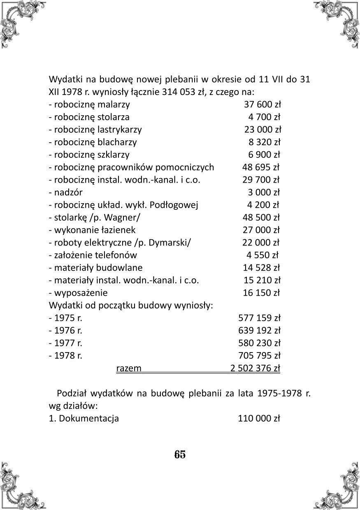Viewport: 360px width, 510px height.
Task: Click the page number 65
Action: pyautogui.click(x=180, y=454)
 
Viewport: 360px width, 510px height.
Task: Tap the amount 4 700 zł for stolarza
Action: pyautogui.click(x=265, y=117)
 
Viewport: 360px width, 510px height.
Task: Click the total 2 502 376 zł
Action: pyautogui.click(x=255, y=368)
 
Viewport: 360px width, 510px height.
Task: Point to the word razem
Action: pyautogui.click(x=129, y=368)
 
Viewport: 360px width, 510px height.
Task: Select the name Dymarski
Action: pyautogui.click(x=172, y=242)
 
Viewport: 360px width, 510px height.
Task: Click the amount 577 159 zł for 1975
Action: pyautogui.click(x=259, y=318)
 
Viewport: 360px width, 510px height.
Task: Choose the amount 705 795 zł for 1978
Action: pyautogui.click(x=259, y=355)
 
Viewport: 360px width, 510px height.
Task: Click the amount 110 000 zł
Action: pyautogui.click(x=259, y=419)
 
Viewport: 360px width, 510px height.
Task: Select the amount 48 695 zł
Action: pyautogui.click(x=261, y=167)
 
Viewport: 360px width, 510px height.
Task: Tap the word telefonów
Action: pyautogui.click(x=116, y=255)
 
